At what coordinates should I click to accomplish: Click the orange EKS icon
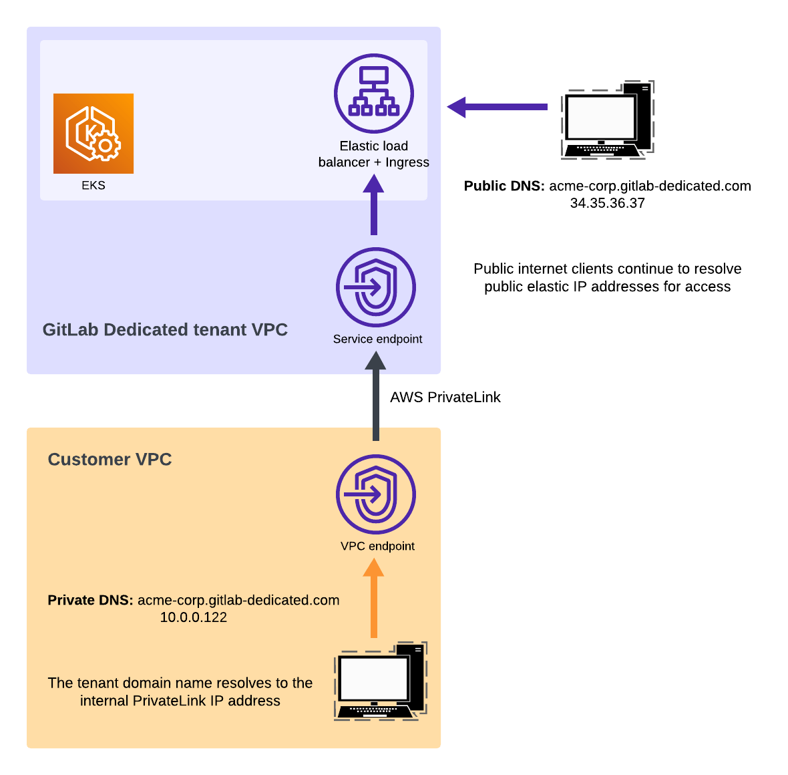[x=93, y=134]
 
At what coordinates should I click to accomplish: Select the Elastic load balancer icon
[x=374, y=94]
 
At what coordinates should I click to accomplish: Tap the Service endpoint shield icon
[x=376, y=287]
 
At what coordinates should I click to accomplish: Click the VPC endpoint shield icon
[x=376, y=494]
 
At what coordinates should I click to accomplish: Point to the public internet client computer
[x=606, y=120]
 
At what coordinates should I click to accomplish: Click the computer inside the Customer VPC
[x=379, y=681]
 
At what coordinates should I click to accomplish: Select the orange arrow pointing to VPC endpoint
[x=373, y=598]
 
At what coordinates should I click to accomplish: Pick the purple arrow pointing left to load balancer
[x=498, y=107]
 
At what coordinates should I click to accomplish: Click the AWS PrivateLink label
[x=445, y=398]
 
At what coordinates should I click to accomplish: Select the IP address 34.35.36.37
[x=607, y=203]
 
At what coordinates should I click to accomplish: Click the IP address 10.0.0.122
[x=194, y=617]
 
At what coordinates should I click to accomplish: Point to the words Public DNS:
[x=504, y=186]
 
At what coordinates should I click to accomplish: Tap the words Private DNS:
[x=90, y=600]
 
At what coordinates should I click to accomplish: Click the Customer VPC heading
[x=110, y=460]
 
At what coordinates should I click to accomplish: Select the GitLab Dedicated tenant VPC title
[x=165, y=330]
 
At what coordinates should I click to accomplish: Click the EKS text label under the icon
[x=93, y=186]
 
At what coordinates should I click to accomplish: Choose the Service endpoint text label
[x=377, y=339]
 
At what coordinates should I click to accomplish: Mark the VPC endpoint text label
[x=377, y=547]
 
